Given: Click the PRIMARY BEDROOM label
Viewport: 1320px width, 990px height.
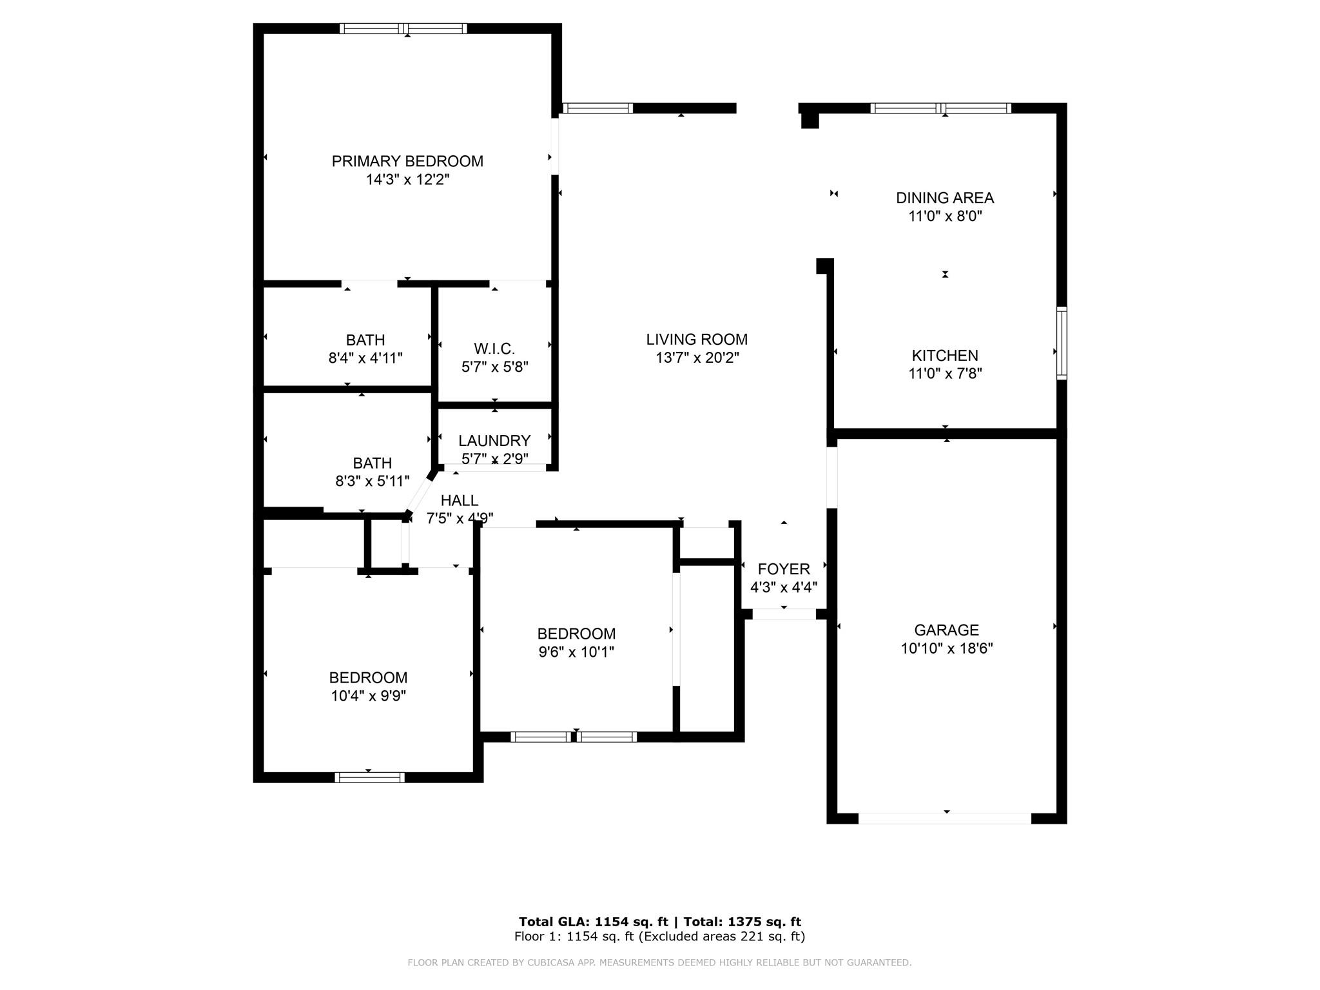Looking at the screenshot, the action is pos(407,161).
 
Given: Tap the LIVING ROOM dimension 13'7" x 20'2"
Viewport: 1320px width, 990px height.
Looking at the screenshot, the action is pos(697,358).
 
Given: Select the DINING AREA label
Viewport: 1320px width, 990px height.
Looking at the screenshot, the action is pos(945,198).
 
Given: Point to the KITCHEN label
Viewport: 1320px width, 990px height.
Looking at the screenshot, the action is pos(945,355).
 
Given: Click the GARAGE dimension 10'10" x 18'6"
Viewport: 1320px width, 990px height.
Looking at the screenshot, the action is pos(946,648).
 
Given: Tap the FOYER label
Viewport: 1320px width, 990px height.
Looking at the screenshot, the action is pos(784,569).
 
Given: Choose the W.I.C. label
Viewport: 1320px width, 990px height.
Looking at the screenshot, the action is pos(494,349).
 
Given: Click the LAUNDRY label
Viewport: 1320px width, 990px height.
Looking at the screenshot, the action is pos(494,441).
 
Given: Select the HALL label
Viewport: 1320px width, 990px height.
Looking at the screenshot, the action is pos(460,500).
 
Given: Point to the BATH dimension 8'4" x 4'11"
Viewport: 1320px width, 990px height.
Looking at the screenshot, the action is pos(365,358).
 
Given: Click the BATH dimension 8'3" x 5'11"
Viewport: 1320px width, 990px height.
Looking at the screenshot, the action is pos(373,481).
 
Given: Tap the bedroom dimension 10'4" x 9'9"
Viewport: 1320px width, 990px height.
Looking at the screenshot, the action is pos(369,695).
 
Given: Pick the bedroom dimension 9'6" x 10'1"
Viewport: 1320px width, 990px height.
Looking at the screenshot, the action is pos(576,652).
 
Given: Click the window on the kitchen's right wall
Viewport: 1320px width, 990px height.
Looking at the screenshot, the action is pos(1062,343).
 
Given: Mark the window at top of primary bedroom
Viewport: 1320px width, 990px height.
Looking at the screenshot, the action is pos(403,28).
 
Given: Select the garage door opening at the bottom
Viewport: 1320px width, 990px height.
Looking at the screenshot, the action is pos(945,819).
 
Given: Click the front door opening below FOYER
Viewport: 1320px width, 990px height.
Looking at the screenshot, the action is pos(784,614).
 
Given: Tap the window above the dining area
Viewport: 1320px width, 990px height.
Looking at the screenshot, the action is pos(940,108).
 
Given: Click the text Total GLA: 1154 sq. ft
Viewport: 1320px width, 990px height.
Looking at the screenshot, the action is pos(594,922).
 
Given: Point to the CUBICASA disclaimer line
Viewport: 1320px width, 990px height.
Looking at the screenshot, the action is pos(659,962).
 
